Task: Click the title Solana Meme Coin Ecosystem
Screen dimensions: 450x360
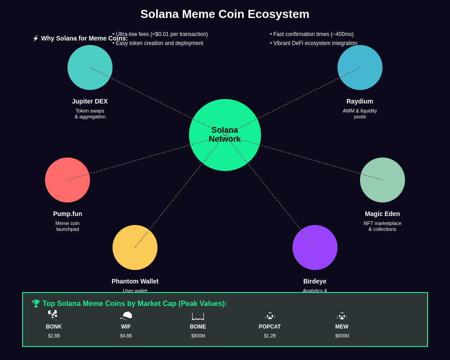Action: pos(225,14)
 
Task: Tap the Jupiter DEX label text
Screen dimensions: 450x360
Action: pos(90,101)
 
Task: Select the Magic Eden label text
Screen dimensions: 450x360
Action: pos(382,214)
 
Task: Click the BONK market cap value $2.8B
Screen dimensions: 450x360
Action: pos(54,336)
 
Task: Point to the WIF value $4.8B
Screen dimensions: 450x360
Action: pos(126,336)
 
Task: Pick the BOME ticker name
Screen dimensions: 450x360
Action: pos(198,327)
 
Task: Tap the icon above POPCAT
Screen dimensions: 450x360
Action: pos(270,316)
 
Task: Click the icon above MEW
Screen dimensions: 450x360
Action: pos(342,316)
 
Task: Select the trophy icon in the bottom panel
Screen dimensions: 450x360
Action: pos(36,303)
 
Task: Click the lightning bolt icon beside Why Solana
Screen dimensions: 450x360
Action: pos(36,38)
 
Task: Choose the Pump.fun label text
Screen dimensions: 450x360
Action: pos(67,214)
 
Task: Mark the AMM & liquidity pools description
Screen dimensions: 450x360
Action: pos(360,113)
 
